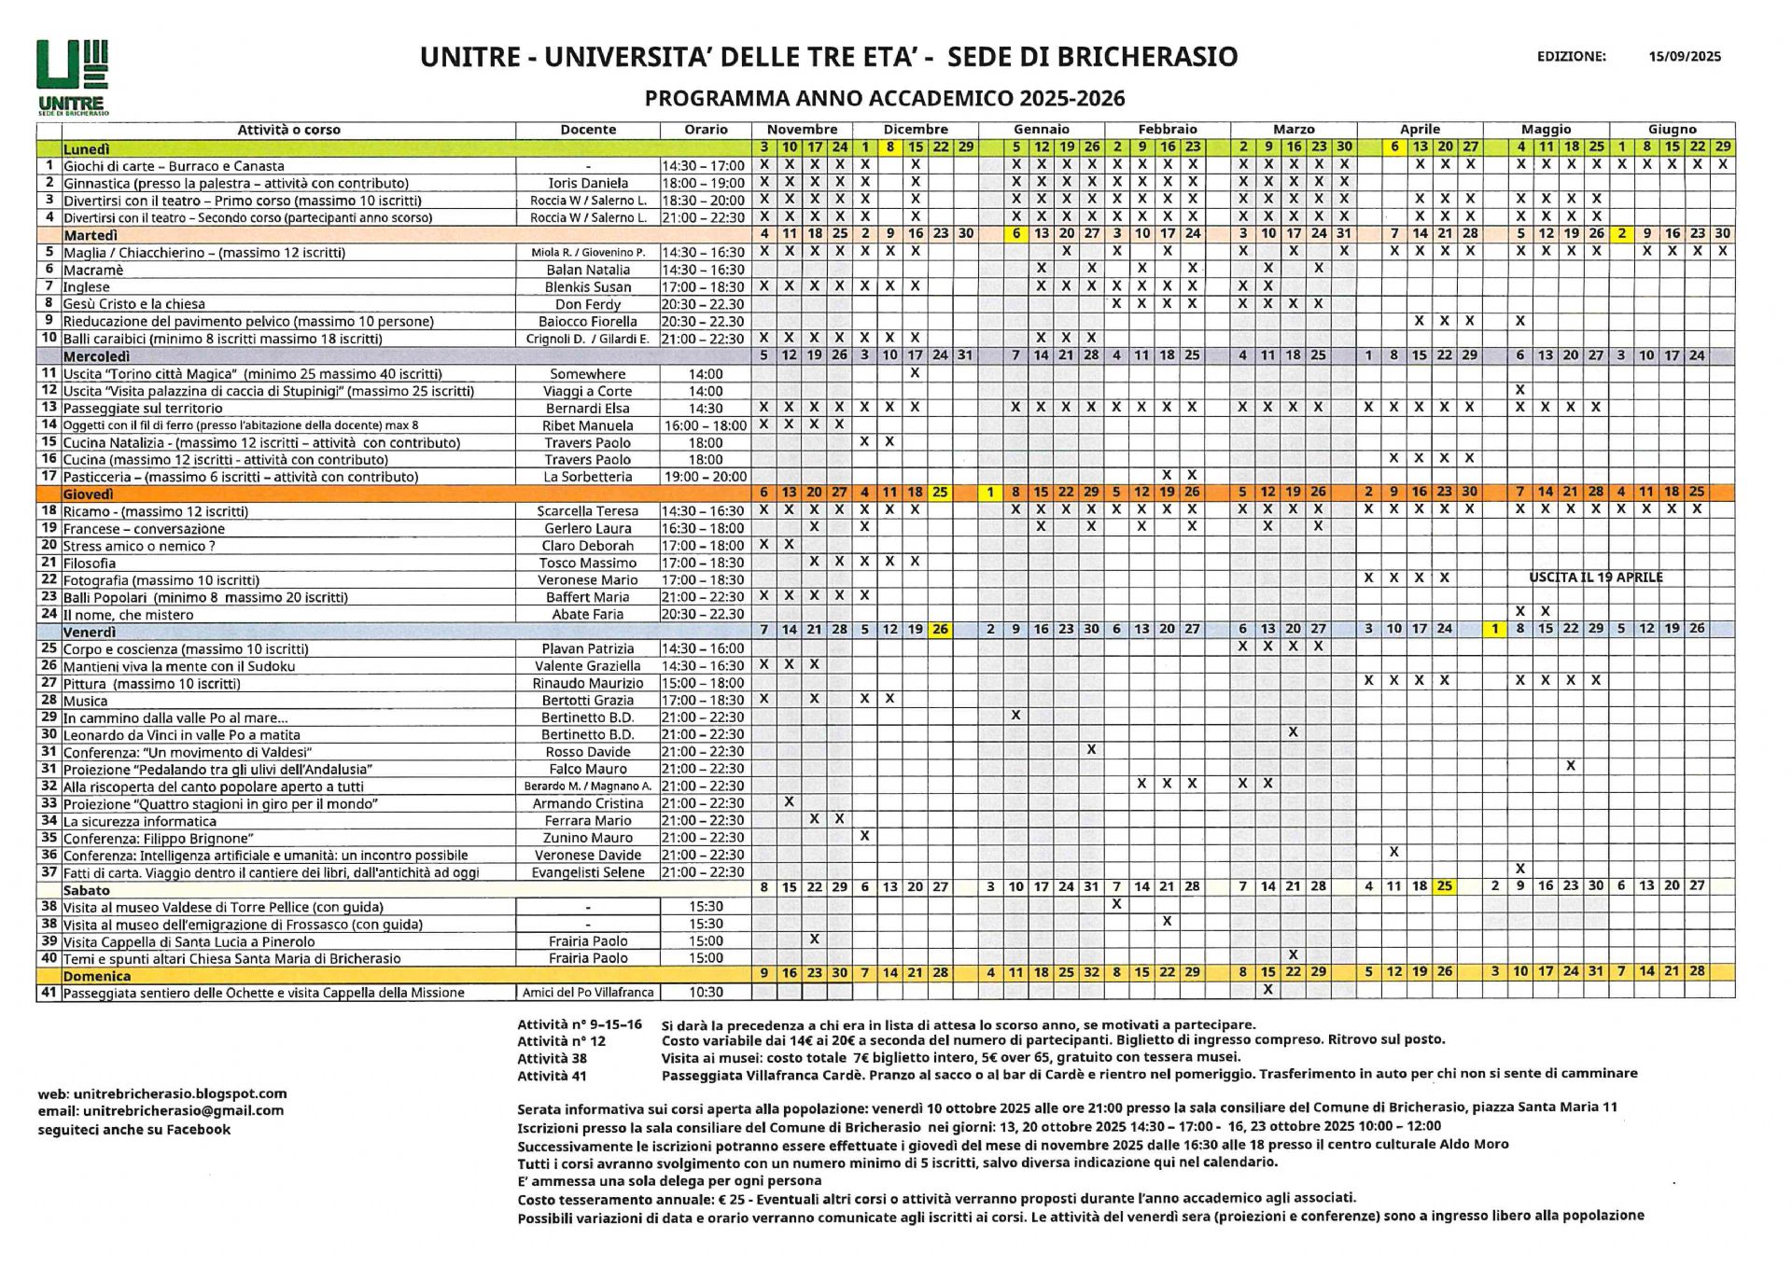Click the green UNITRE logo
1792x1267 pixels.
point(73,77)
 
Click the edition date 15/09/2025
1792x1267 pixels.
point(1684,56)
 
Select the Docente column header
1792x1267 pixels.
point(588,130)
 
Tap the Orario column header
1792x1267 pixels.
point(706,130)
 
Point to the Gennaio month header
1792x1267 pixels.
point(1041,130)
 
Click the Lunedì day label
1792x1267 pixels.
point(86,148)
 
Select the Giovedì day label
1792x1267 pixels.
point(88,494)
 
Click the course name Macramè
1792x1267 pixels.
point(93,270)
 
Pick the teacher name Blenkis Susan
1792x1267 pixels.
point(588,287)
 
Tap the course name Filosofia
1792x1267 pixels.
point(90,563)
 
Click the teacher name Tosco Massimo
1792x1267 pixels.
point(588,563)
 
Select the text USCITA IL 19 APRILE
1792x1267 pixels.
point(1596,578)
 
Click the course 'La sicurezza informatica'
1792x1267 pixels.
point(140,821)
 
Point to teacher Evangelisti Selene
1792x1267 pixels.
point(588,872)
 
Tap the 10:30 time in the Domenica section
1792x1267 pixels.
point(706,993)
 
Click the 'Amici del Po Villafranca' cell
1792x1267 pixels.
point(588,993)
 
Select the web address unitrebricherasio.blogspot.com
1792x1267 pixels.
point(180,1093)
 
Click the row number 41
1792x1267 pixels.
point(49,992)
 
